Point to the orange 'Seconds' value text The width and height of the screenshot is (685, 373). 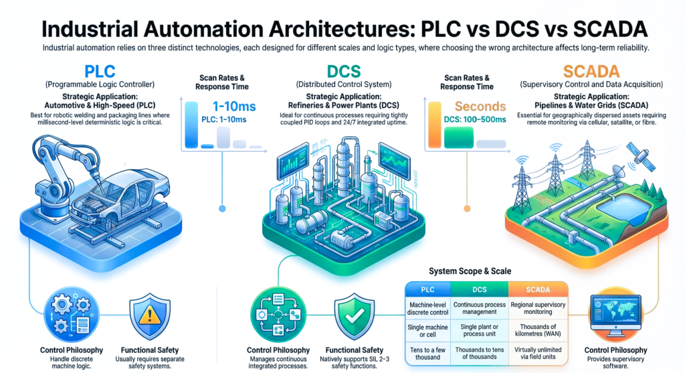point(481,106)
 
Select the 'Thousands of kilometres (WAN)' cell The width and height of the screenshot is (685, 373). point(539,332)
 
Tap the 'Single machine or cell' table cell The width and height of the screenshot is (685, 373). point(427,332)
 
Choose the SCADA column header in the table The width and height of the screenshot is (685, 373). point(539,289)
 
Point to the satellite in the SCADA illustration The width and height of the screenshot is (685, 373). point(640,157)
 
